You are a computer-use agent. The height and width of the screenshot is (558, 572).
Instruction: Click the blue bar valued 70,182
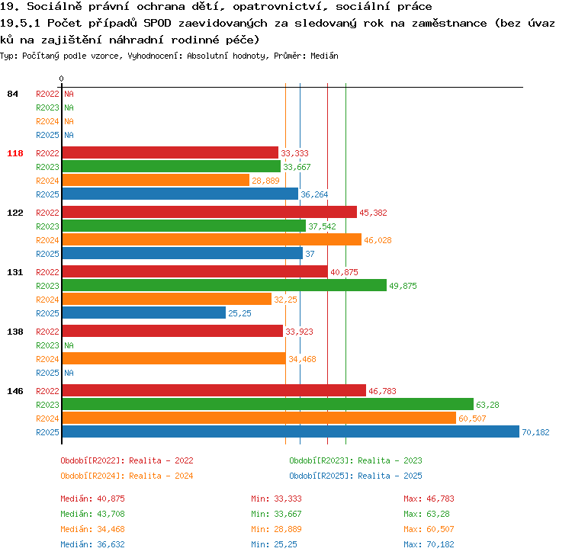tap(291, 431)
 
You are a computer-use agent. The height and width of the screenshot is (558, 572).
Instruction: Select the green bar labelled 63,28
tap(268, 404)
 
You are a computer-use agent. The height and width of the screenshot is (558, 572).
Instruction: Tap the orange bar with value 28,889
tap(156, 180)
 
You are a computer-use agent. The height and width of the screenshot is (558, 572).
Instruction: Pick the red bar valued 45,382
tap(210, 212)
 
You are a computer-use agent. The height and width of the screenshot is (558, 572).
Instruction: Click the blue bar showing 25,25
tap(144, 313)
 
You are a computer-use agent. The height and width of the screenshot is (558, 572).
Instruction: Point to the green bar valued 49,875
tap(224, 285)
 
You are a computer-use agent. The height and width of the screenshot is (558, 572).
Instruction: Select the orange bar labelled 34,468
tap(174, 358)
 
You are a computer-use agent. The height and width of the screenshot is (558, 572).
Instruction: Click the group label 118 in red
tap(15, 153)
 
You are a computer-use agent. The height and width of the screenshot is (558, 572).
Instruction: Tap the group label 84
tap(12, 94)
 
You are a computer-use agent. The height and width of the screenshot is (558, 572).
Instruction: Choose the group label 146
tap(15, 391)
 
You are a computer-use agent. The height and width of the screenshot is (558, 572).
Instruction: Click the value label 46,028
tap(378, 240)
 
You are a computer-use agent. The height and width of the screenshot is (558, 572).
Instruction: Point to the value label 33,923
tap(299, 332)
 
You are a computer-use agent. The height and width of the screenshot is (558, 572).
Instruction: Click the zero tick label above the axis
tap(61, 79)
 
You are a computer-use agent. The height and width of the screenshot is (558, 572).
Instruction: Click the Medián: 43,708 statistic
tap(92, 514)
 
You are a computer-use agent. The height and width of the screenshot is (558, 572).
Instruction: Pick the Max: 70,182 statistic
tap(429, 544)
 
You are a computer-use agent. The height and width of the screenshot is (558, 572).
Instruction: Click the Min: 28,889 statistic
tap(276, 529)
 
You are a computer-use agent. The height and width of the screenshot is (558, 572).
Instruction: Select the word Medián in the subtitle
tap(324, 56)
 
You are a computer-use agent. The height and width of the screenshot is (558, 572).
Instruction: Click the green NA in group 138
tap(69, 345)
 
